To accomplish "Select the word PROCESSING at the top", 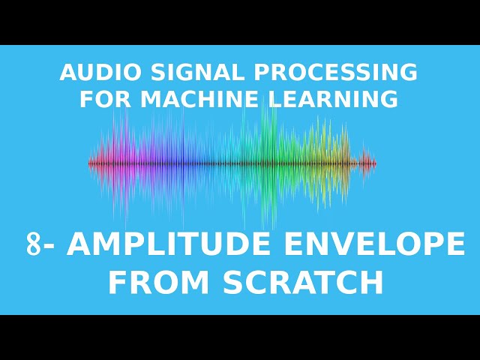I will click(335, 73).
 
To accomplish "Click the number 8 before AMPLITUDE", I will click(34, 244).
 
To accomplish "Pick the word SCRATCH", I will click(302, 283).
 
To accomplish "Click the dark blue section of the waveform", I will click(183, 163).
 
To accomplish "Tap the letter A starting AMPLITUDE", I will click(79, 244).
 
